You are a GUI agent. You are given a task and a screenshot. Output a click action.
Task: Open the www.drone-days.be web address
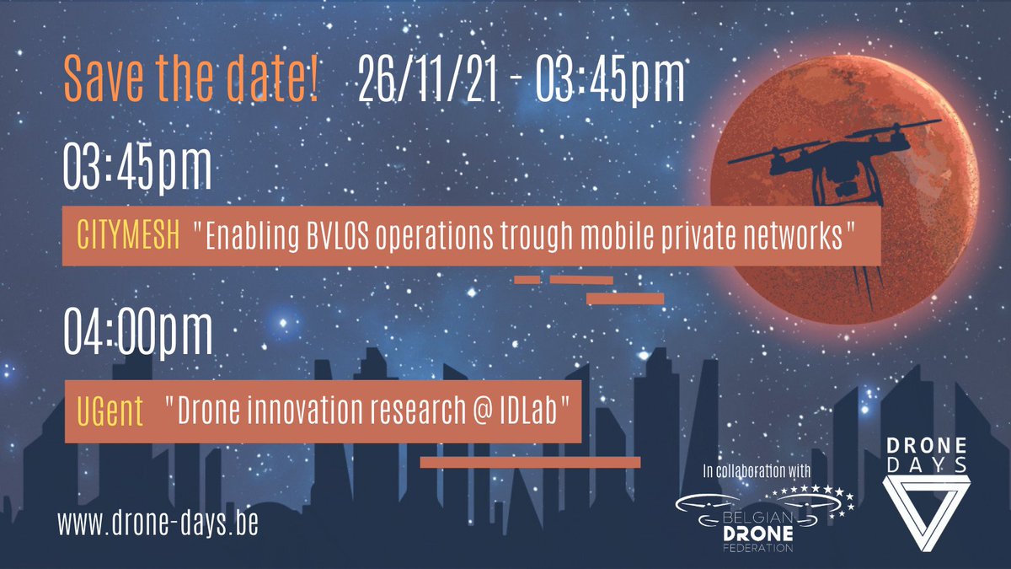158,523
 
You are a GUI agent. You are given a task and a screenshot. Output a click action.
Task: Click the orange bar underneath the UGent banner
530,462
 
